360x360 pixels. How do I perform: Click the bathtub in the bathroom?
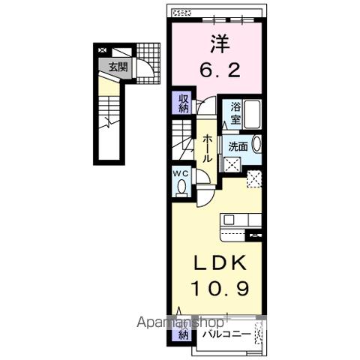pyautogui.click(x=253, y=114)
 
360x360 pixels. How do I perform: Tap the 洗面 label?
pyautogui.click(x=238, y=145)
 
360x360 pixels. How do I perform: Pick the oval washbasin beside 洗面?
pyautogui.click(x=256, y=144)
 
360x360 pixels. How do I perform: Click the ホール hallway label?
pyautogui.click(x=208, y=150)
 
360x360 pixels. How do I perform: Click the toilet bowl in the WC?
pyautogui.click(x=181, y=187)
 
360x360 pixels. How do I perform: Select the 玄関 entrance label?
pyautogui.click(x=118, y=66)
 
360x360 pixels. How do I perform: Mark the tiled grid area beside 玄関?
pyautogui.click(x=150, y=54)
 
